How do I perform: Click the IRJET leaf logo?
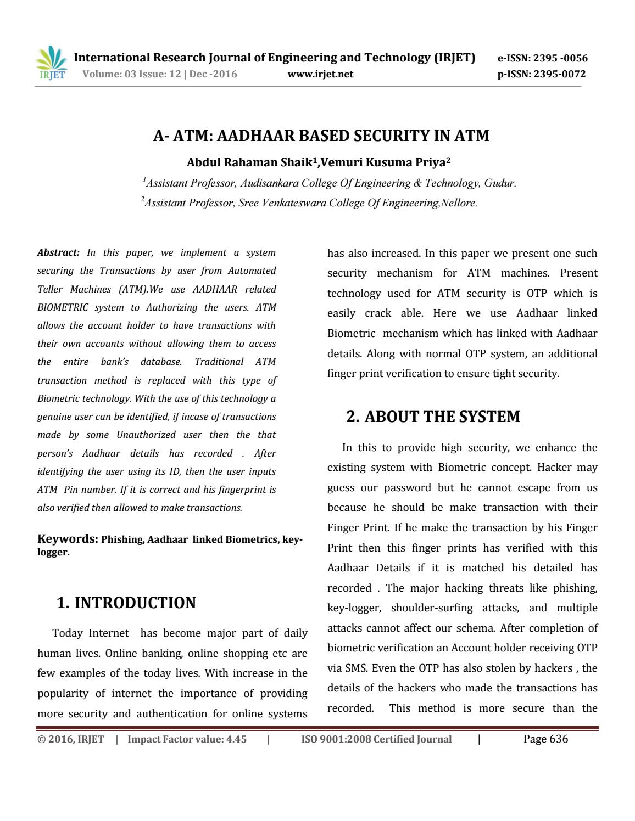click(x=51, y=63)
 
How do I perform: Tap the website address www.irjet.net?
click(x=320, y=74)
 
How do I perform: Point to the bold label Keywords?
click(x=67, y=539)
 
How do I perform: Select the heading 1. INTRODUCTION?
click(x=126, y=603)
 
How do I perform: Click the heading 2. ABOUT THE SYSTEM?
click(x=433, y=417)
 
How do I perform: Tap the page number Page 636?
click(x=545, y=739)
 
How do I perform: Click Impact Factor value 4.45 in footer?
click(x=187, y=739)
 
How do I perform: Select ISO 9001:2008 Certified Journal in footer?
click(x=376, y=739)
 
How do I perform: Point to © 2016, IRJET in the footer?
click(x=70, y=739)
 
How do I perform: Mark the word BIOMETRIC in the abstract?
click(x=59, y=307)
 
